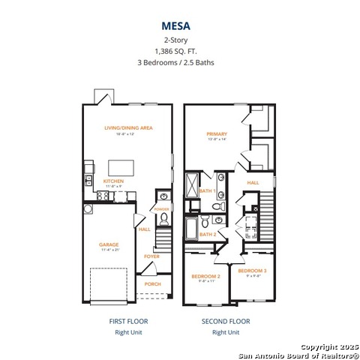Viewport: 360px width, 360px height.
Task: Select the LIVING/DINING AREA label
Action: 128,128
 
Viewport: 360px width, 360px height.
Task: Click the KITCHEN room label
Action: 114,181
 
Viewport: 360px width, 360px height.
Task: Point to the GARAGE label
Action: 109,244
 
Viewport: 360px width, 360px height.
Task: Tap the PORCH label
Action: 152,284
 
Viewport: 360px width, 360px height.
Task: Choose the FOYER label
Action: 152,256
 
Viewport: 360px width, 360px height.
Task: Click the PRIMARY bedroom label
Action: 217,134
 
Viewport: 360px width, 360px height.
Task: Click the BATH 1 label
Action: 208,191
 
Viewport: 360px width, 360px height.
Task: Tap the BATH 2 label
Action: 208,235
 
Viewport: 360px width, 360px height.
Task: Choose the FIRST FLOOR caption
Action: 128,321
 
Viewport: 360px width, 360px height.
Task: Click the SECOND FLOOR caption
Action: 226,321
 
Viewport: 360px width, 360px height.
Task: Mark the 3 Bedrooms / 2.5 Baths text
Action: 179,63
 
